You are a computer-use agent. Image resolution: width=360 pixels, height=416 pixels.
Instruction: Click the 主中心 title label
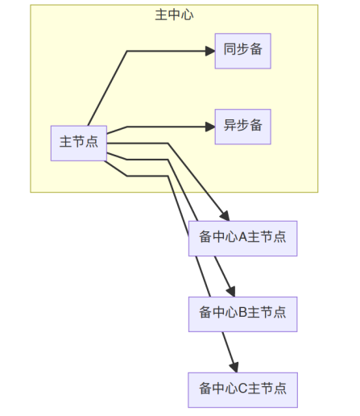coord(174,15)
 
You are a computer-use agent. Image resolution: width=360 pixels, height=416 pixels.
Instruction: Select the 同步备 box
coord(243,51)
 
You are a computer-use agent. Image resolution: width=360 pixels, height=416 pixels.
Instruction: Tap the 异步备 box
coord(243,127)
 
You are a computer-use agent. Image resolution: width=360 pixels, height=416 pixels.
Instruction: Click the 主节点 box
coord(79,144)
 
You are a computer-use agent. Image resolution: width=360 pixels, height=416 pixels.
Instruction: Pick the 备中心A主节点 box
coord(243,239)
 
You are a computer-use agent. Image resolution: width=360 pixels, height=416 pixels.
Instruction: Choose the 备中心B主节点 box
coord(243,314)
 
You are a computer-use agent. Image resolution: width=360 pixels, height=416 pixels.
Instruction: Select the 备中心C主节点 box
coord(243,390)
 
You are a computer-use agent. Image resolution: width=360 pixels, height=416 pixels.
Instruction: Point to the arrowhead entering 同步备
coord(210,51)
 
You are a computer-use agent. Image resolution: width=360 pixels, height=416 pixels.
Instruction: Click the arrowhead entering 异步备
coord(210,127)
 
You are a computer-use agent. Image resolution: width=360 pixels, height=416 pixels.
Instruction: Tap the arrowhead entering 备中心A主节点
coord(225,216)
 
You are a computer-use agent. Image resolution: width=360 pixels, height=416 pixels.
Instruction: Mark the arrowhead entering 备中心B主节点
coord(231,292)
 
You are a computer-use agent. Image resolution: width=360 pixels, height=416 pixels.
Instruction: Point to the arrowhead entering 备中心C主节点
coord(234,368)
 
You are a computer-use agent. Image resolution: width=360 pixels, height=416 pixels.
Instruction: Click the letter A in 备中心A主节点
coord(242,237)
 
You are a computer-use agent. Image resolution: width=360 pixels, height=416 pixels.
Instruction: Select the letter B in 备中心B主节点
coord(242,313)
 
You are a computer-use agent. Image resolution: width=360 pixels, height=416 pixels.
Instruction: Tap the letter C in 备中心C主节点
coord(242,389)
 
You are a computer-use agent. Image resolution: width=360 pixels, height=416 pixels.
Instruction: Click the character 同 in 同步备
coord(230,49)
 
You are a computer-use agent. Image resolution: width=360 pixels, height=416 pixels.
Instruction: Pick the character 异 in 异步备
coord(230,125)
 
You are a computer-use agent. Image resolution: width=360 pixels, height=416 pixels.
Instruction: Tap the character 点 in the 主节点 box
coord(92,141)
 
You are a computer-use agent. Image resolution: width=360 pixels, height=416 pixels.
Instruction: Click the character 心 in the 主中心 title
coord(187,15)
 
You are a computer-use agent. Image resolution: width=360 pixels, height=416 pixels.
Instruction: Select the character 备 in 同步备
coord(256,49)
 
